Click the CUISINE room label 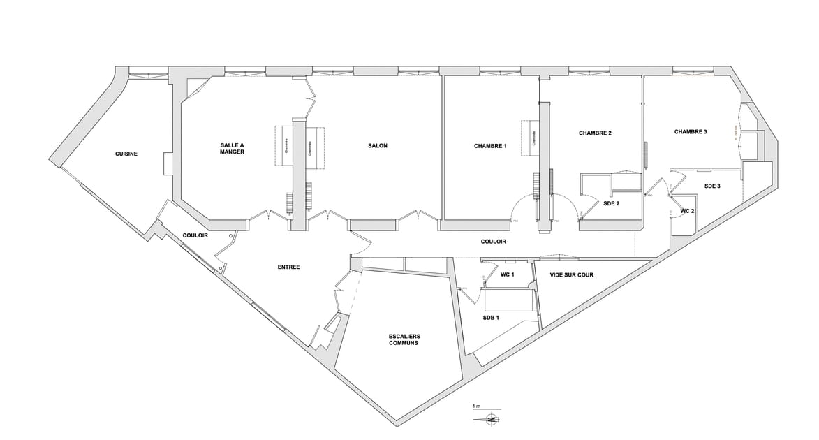[x=126, y=154]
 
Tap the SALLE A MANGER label [x=232, y=149]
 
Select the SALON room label [x=378, y=146]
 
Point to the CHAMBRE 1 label [x=490, y=146]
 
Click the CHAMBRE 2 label [x=595, y=133]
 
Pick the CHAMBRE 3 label [x=691, y=131]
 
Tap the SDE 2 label [x=612, y=203]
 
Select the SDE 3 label [x=712, y=186]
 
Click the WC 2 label [x=687, y=210]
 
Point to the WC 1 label [x=508, y=274]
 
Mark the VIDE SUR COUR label [x=572, y=274]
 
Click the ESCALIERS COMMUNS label [x=404, y=339]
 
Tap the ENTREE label [x=288, y=267]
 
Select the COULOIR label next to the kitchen [x=195, y=235]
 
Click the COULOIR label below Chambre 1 [x=494, y=242]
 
